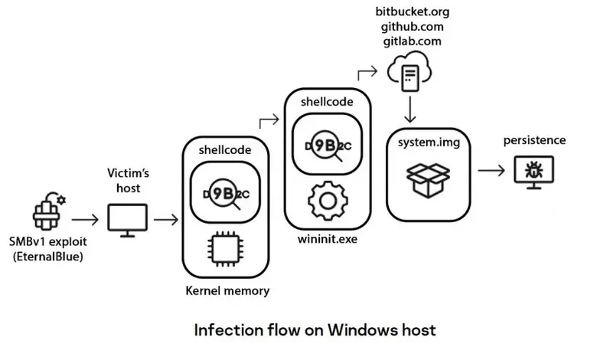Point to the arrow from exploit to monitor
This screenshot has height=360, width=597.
(x=85, y=221)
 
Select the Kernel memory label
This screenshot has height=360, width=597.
(x=227, y=291)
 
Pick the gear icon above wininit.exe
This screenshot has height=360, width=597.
(x=328, y=201)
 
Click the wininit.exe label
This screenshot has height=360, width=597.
(x=328, y=238)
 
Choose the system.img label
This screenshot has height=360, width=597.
(x=428, y=143)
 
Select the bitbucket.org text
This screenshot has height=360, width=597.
(x=412, y=11)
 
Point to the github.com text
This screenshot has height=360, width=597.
(x=412, y=27)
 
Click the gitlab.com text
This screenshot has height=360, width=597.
(x=412, y=41)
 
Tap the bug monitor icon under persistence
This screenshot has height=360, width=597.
(x=533, y=170)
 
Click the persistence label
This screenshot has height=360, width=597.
(x=534, y=140)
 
